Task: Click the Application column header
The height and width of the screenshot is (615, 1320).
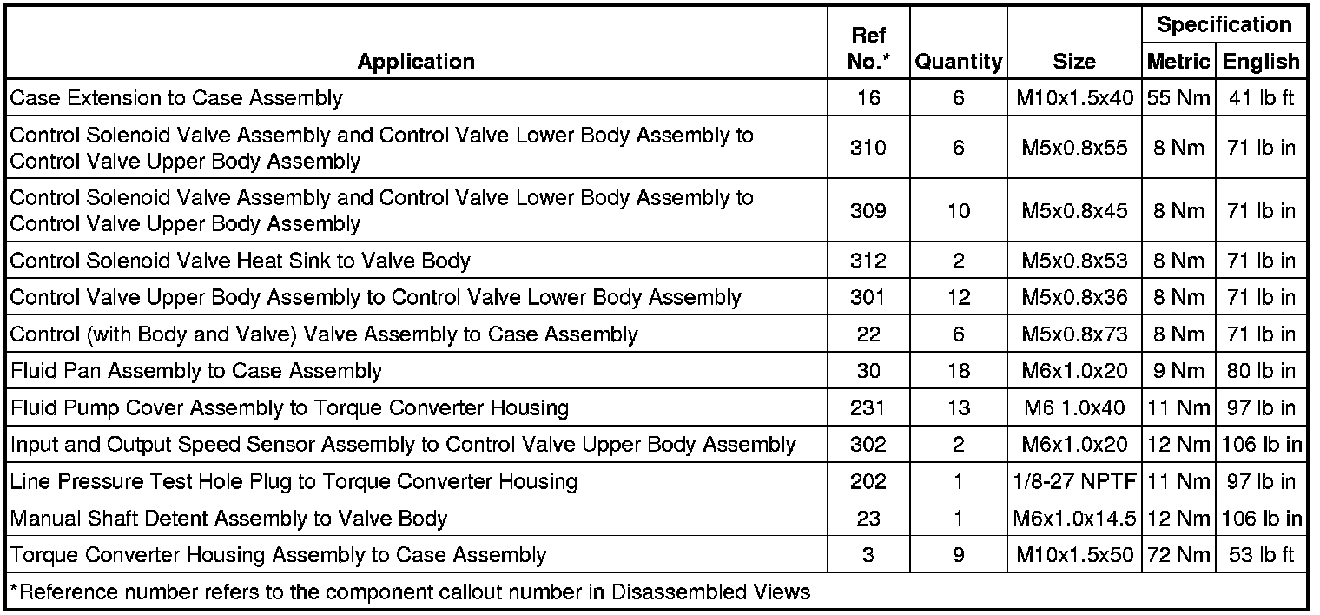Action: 416,62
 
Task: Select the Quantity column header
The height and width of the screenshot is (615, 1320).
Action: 959,62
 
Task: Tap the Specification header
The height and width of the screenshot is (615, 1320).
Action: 1224,25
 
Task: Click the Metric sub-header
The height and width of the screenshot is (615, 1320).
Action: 1178,62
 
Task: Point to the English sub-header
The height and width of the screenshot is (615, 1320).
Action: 1262,62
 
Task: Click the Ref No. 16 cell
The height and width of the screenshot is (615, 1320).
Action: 868,98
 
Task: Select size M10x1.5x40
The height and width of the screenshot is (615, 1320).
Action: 1074,98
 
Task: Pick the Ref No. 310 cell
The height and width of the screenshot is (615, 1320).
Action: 868,148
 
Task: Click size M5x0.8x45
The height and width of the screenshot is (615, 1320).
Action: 1074,210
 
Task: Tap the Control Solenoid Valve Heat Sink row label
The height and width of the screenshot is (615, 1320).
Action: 241,261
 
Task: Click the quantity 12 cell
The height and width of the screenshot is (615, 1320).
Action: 958,297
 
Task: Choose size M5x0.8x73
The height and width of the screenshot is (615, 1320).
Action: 1074,334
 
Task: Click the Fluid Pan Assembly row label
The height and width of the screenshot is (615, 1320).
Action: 196,371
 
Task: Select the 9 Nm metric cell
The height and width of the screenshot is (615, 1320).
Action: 1178,371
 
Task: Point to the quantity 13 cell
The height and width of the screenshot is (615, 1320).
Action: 958,407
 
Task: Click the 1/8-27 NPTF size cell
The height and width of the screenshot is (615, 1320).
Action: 1074,481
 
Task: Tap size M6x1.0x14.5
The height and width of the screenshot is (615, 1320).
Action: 1074,519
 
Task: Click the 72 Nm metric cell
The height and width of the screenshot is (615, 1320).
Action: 1178,555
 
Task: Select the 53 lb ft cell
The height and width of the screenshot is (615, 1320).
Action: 1262,555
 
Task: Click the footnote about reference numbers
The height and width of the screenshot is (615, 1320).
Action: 410,592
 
